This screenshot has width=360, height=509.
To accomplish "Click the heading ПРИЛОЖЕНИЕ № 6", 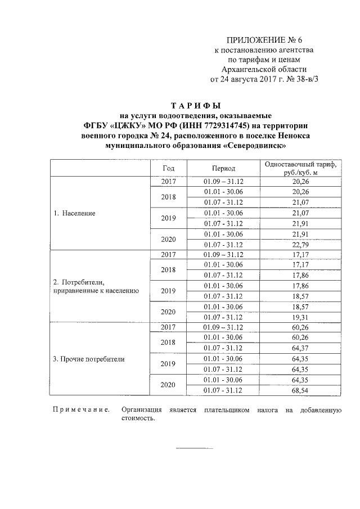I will point(264,39).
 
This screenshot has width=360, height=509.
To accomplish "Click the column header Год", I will point(169,168).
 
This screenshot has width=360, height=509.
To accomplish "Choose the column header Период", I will point(223,168).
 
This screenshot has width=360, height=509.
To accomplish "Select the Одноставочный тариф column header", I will point(299,168).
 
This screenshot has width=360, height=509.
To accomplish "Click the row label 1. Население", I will point(74,214).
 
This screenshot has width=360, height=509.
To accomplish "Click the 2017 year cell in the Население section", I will point(169,182).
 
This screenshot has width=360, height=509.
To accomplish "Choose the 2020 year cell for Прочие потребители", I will point(169,385).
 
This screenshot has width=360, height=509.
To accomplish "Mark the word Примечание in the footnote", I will point(80,411).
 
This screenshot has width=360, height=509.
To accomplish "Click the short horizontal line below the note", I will point(195,448).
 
